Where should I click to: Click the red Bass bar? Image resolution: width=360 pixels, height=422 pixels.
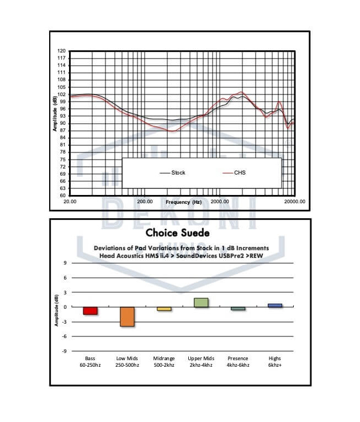click(x=91, y=311)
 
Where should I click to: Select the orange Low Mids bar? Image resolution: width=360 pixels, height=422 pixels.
click(x=127, y=317)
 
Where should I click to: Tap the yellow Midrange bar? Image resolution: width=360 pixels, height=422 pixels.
click(x=164, y=309)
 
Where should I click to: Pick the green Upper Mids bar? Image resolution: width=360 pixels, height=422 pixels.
click(x=201, y=302)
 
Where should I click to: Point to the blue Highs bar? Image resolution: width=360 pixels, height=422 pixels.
click(x=274, y=305)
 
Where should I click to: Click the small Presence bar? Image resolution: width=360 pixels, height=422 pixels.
click(x=238, y=308)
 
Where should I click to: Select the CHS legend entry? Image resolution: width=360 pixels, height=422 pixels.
click(x=240, y=173)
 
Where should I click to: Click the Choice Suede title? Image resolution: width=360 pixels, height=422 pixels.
click(x=177, y=233)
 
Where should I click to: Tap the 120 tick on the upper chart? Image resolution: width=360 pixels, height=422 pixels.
click(x=62, y=51)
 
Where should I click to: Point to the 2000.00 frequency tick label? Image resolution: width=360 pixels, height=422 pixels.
click(x=220, y=202)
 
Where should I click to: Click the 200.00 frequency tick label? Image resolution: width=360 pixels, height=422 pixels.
click(x=145, y=202)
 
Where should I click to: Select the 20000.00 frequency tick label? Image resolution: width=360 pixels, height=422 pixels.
click(x=294, y=202)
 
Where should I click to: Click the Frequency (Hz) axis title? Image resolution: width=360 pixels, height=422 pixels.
click(x=183, y=202)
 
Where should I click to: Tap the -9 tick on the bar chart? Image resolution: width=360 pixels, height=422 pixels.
click(x=66, y=351)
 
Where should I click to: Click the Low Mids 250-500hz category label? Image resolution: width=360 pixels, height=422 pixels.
click(x=127, y=362)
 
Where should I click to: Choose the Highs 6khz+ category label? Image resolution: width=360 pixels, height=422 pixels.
click(x=274, y=362)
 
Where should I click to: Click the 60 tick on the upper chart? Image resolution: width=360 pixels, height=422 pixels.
click(x=62, y=196)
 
